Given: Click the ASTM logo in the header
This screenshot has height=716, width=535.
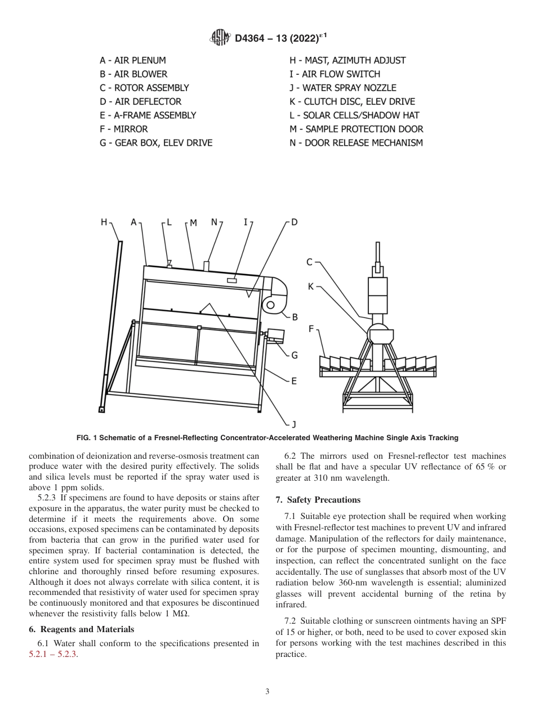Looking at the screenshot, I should click(220, 38).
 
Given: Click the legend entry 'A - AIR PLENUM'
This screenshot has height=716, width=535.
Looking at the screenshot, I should click(133, 60).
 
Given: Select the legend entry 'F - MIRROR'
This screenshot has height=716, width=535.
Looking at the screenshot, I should click(123, 129).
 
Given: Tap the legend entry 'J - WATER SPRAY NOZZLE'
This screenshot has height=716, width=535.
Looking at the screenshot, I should click(342, 88).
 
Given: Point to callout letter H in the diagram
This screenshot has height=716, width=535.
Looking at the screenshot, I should click(104, 223).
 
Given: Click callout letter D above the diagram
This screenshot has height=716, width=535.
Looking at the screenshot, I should click(294, 223).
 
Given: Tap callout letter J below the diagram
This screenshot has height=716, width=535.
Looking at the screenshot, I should click(293, 424).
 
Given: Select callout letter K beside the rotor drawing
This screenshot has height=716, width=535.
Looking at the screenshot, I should click(311, 287).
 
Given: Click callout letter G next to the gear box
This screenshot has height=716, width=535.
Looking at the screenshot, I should click(294, 355).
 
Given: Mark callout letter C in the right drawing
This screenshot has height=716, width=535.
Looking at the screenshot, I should click(310, 262).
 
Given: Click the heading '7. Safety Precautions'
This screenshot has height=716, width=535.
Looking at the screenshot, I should click(318, 500).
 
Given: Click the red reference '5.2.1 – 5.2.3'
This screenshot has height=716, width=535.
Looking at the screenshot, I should click(52, 655).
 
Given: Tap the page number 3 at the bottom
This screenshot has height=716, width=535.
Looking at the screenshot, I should click(267, 692).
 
